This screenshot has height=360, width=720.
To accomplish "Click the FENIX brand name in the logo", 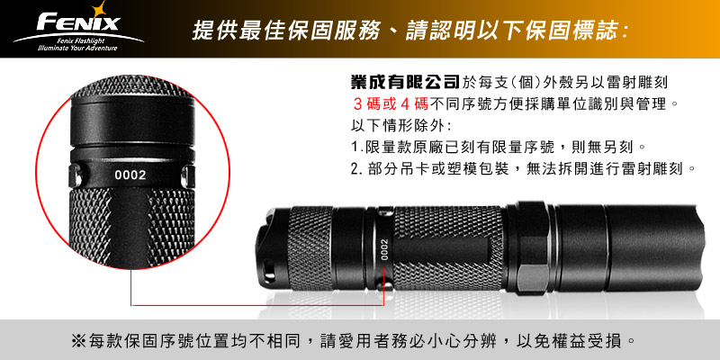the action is (78, 22).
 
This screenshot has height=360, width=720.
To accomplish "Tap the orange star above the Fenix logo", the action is (98, 9).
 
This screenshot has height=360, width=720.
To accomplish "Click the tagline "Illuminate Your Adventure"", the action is (78, 49).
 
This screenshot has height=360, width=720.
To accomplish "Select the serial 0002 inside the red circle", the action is (130, 175).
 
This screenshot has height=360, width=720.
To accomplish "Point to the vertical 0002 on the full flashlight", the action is (384, 249).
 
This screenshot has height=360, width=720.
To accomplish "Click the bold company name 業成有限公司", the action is (404, 83).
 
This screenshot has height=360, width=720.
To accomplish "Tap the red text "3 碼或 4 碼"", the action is (391, 104).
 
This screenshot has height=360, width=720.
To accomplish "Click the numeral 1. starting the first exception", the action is (356, 148).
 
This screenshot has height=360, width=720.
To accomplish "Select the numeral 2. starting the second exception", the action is (356, 169).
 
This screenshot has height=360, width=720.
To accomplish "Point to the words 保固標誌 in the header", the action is (578, 31).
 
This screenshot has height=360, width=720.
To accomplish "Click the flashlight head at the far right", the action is (656, 249).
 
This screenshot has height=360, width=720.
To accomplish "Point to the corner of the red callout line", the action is (131, 305).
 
